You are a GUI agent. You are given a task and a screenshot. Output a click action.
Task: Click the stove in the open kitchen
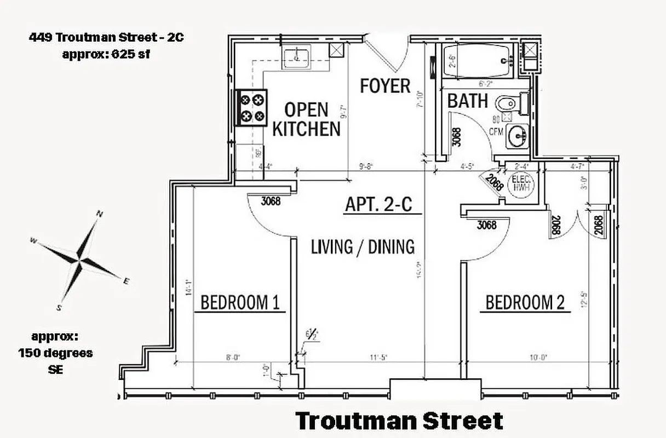click(252, 107)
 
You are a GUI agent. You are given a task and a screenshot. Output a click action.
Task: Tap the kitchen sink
click(297, 56)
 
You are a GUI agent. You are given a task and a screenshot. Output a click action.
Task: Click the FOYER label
click(385, 86)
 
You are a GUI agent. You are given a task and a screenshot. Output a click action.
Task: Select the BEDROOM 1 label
click(240, 302)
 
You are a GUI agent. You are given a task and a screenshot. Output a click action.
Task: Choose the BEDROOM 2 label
click(525, 302)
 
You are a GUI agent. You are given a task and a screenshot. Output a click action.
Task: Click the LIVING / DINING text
click(363, 246)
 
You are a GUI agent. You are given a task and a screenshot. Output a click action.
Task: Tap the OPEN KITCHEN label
click(306, 119)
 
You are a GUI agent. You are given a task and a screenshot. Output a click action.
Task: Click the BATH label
click(467, 101)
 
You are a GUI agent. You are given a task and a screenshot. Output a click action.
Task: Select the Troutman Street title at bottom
click(399, 421)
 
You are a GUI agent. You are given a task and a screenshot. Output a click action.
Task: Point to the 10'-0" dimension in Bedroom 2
click(537, 358)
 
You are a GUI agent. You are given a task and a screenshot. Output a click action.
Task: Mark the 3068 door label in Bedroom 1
click(271, 201)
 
